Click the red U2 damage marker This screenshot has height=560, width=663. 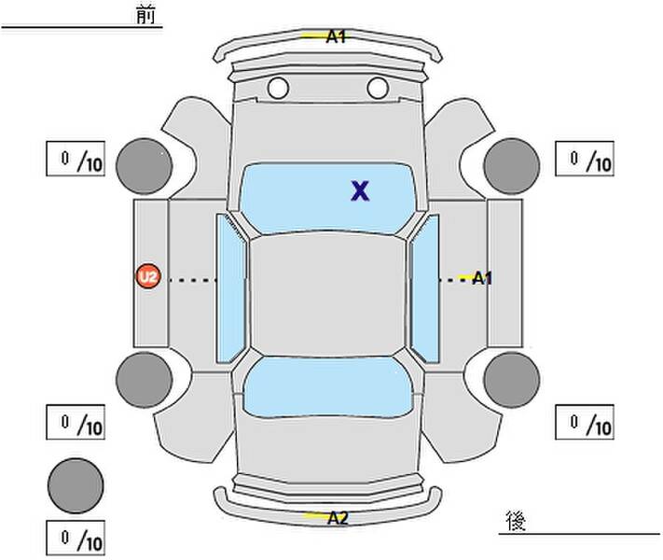click(x=148, y=276)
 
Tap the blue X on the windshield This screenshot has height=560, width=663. click(x=360, y=190)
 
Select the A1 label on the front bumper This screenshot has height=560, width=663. click(x=336, y=36)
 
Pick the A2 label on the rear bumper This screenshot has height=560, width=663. click(x=338, y=517)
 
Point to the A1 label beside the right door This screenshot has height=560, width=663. click(x=481, y=278)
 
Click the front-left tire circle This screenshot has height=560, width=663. click(x=145, y=166)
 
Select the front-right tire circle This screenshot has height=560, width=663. click(x=512, y=166)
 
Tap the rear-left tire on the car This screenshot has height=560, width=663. click(x=145, y=380)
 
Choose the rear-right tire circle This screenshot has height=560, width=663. click(x=512, y=380)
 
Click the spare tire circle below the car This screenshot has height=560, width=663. click(x=76, y=485)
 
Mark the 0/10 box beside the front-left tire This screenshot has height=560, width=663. click(x=76, y=159)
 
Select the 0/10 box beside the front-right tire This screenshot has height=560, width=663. click(x=585, y=159)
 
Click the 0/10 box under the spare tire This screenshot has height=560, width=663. click(x=76, y=538)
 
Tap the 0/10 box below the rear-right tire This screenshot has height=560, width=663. click(x=585, y=422)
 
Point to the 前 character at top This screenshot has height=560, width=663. click(x=145, y=15)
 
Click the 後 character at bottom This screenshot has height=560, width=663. click(x=516, y=521)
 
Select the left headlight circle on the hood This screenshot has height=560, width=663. click(x=278, y=88)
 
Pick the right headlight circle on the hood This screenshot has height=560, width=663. click(x=378, y=88)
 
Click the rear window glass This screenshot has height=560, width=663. click(x=328, y=387)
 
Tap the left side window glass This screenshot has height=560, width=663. click(x=230, y=287)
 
